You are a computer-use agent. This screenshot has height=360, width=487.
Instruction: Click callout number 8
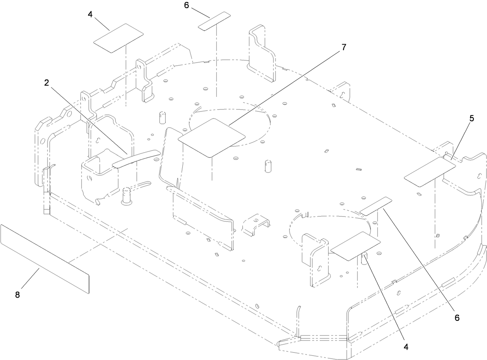pyautogui.click(x=17, y=295)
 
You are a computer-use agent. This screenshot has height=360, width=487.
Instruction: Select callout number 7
pyautogui.click(x=344, y=48)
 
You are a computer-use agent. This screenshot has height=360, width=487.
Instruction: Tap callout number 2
pyautogui.click(x=46, y=83)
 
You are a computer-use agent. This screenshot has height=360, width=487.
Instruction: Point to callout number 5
pyautogui.click(x=472, y=119)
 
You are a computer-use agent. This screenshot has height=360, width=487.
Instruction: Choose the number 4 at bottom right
pyautogui.click(x=406, y=347)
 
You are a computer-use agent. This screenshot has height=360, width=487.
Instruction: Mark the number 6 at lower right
pyautogui.click(x=457, y=318)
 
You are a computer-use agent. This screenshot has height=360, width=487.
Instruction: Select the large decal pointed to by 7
pyautogui.click(x=211, y=138)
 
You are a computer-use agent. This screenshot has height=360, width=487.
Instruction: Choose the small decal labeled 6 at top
pyautogui.click(x=214, y=21)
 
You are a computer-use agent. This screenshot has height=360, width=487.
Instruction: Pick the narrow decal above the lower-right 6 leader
pyautogui.click(x=376, y=206)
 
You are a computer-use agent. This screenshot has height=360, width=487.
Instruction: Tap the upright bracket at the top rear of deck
pyautogui.click(x=262, y=54)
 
